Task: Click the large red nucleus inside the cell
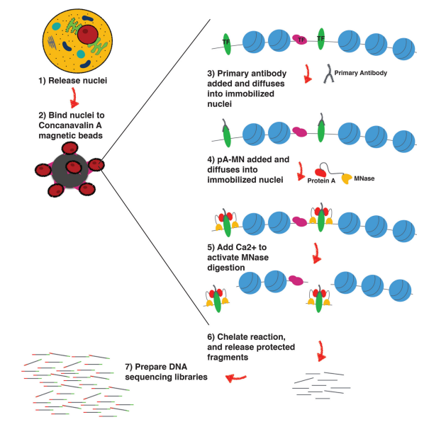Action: click(x=89, y=33)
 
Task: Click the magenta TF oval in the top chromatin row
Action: click(x=299, y=40)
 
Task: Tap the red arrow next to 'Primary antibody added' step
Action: click(x=308, y=73)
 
